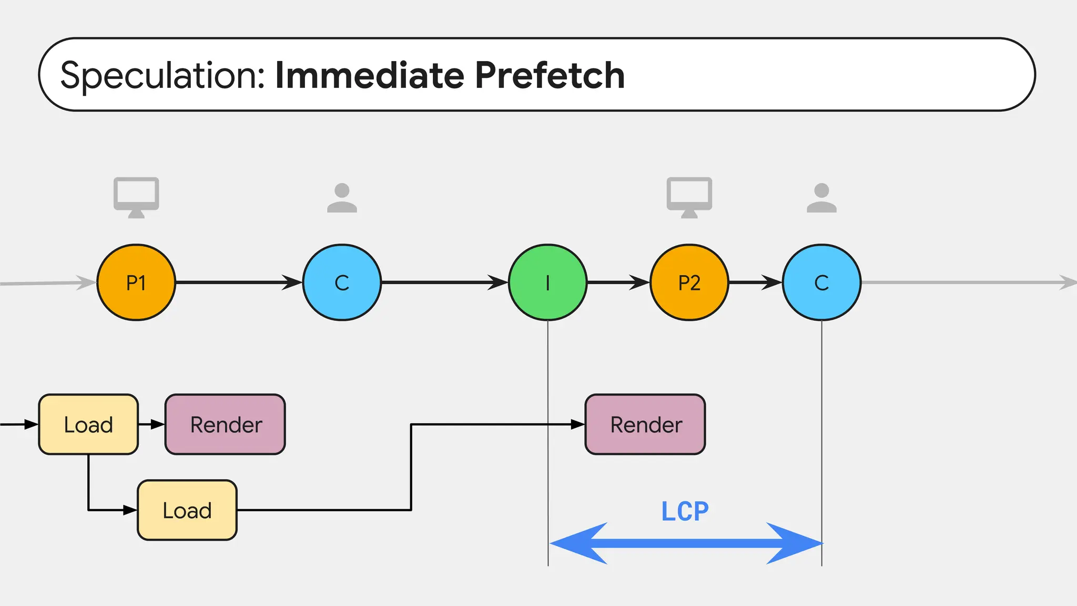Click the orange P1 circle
coord(136,282)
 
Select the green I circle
coord(547,282)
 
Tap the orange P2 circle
coord(689,282)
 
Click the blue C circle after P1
coord(342,282)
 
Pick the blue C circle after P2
coord(821,282)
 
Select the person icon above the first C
coord(342,198)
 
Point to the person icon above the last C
coord(821,198)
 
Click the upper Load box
coord(88,425)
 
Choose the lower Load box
coord(187,510)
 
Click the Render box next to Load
coord(226,425)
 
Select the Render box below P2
coord(645,425)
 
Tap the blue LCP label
coord(685,511)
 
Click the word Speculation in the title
coord(163,75)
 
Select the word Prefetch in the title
coord(550,75)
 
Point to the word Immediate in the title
coord(370,75)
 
